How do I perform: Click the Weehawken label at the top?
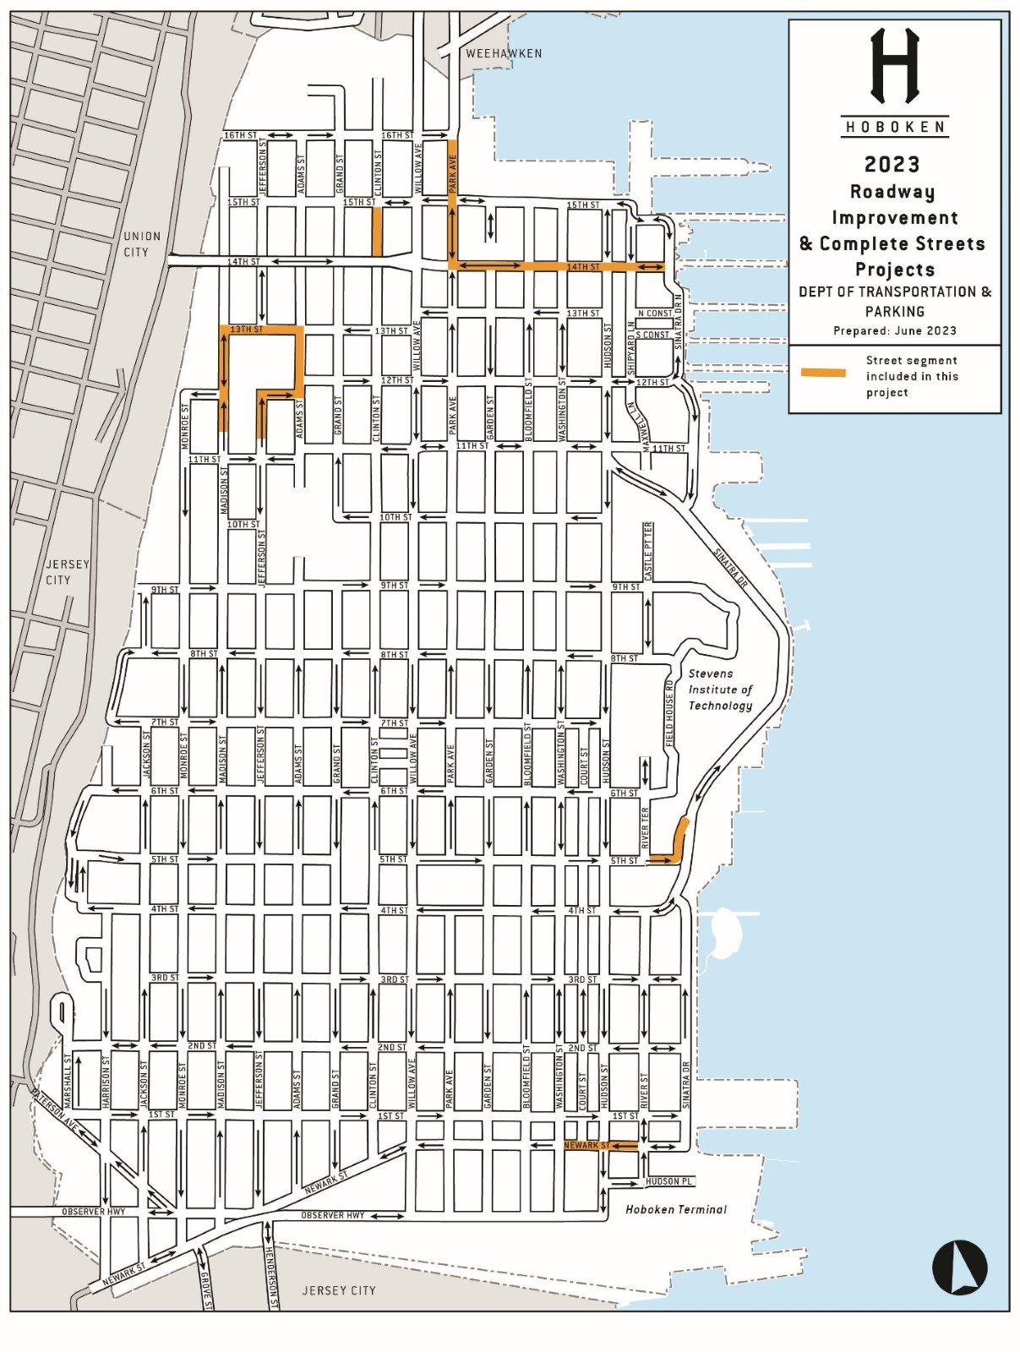[x=504, y=53]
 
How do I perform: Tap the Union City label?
[x=141, y=244]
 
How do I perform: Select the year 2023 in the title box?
[x=892, y=164]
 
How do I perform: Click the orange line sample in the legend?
[x=823, y=373]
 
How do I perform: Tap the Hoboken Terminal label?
[x=675, y=1209]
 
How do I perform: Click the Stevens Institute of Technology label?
[x=720, y=690]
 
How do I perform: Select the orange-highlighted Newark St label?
[x=586, y=1145]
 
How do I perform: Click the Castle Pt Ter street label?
[x=648, y=551]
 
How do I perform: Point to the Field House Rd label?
[x=668, y=711]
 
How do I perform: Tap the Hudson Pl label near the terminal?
[x=668, y=1181]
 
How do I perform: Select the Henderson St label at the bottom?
[x=272, y=1277]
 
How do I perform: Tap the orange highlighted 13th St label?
[x=246, y=329]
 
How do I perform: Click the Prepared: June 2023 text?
[x=894, y=330]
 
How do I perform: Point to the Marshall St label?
[x=68, y=1081]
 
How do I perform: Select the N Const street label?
[x=655, y=313]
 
